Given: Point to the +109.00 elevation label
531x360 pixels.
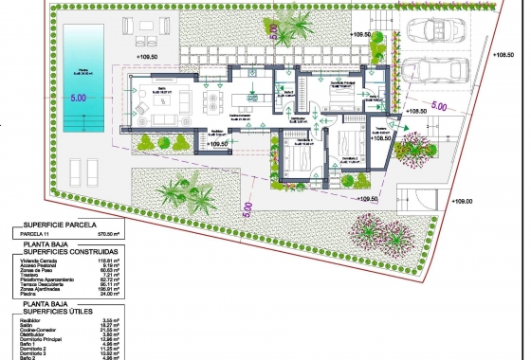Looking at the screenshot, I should pos(461,201).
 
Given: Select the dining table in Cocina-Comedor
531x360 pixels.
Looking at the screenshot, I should pos(252,97).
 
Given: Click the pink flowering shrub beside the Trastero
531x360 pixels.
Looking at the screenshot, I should pos(414,147).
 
